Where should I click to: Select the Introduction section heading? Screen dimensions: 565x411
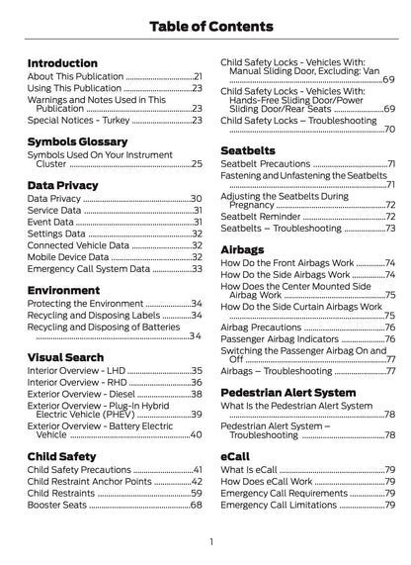click(x=62, y=63)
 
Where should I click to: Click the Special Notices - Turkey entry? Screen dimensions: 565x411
click(x=78, y=120)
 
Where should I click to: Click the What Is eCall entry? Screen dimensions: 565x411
click(x=248, y=468)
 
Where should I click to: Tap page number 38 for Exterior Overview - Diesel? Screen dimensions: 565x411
click(x=197, y=393)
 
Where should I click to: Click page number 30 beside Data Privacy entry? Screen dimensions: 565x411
click(x=197, y=199)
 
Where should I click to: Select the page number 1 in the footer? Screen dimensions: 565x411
click(x=210, y=541)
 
